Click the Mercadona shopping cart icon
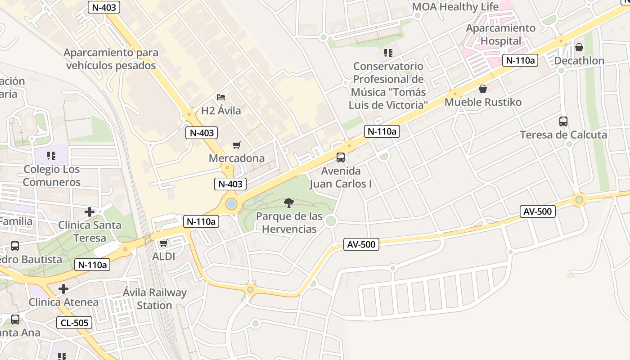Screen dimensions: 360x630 (x=236, y=145)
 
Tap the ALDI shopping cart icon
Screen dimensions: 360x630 (x=164, y=243)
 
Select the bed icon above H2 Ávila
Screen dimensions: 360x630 (x=220, y=97)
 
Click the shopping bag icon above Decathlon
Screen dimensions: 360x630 (x=579, y=47)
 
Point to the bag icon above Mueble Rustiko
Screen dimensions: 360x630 (x=483, y=89)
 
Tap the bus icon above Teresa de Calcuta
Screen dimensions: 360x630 (x=563, y=121)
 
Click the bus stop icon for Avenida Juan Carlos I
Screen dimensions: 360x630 (x=341, y=157)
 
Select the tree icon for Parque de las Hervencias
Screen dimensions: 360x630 (x=289, y=203)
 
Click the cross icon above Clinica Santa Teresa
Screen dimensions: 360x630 (x=90, y=211)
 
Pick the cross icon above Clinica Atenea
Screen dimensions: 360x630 (x=63, y=288)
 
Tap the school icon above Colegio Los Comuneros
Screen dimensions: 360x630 (x=51, y=156)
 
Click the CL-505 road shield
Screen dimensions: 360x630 (x=75, y=322)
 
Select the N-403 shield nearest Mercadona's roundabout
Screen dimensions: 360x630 (x=230, y=184)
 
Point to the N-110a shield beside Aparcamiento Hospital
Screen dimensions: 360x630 (x=520, y=60)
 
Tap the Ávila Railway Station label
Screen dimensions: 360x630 (x=154, y=299)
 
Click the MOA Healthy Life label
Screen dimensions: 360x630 (x=455, y=7)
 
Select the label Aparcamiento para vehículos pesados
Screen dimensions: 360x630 (x=111, y=59)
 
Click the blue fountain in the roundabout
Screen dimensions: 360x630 (x=231, y=204)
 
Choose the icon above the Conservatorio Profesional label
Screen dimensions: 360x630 (x=388, y=53)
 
